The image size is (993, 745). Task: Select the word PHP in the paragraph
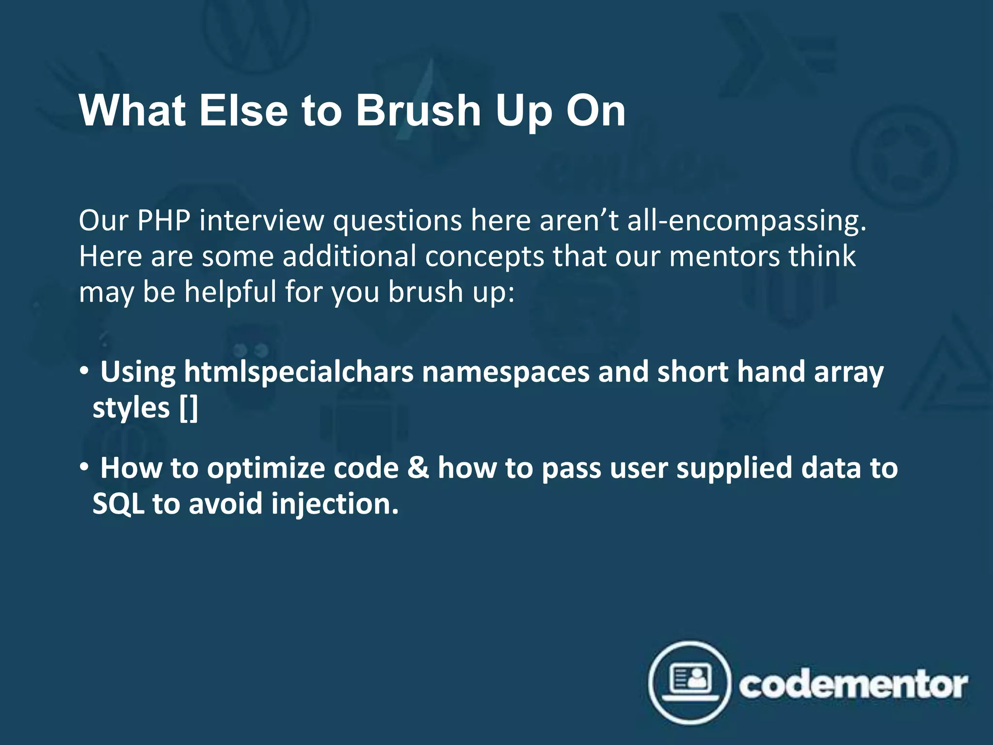[x=163, y=221]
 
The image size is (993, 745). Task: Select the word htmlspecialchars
[x=299, y=372]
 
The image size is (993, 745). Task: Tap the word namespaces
[x=505, y=372]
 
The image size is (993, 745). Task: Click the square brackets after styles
[x=189, y=408]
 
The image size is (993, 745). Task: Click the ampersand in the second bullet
[x=418, y=468]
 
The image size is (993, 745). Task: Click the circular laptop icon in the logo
[x=689, y=682]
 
